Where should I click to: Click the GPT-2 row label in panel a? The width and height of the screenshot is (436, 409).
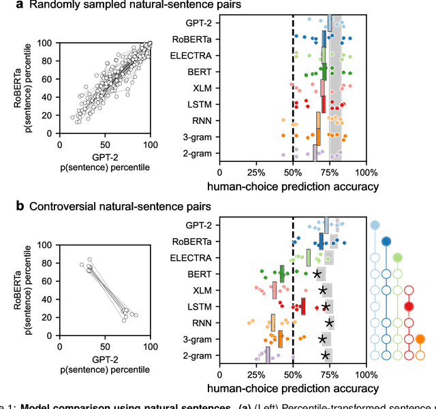point(198,23)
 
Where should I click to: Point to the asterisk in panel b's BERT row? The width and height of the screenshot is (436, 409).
point(317,274)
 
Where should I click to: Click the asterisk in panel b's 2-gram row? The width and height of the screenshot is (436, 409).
point(325,355)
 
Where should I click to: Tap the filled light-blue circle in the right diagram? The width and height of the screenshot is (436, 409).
point(374,225)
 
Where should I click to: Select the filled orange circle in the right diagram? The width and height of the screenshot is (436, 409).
point(420,339)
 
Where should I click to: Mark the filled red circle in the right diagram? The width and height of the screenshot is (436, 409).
point(409,306)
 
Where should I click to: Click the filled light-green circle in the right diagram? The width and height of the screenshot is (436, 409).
point(397,257)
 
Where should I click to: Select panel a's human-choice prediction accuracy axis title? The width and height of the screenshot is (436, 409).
point(293,185)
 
